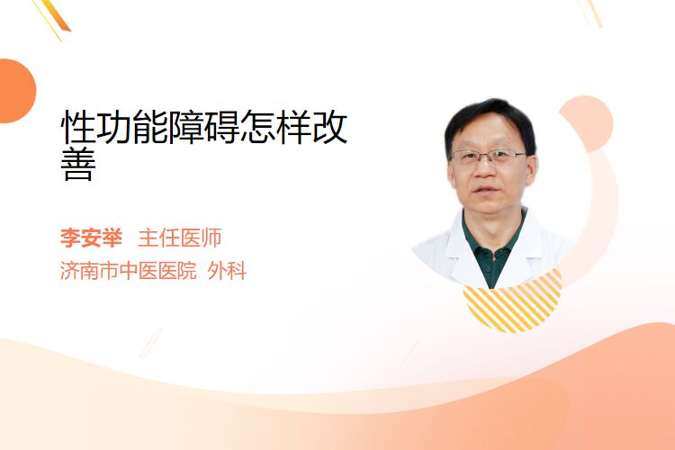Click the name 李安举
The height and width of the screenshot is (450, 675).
[x=91, y=238]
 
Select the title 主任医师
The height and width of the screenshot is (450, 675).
[x=180, y=238]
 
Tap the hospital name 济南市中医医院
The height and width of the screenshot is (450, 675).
[x=129, y=271]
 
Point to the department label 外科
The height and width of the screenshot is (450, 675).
[x=228, y=271]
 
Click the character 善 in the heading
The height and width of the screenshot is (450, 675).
[x=78, y=164]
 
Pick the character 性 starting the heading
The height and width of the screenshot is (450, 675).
[x=78, y=126]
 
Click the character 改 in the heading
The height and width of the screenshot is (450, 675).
[x=329, y=126]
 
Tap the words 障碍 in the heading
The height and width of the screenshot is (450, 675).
[x=186, y=126]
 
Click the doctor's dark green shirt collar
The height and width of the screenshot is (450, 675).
[x=493, y=247]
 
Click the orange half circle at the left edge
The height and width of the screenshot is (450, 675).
[x=16, y=91]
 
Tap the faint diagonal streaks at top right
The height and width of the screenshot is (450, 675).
[x=590, y=12]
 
